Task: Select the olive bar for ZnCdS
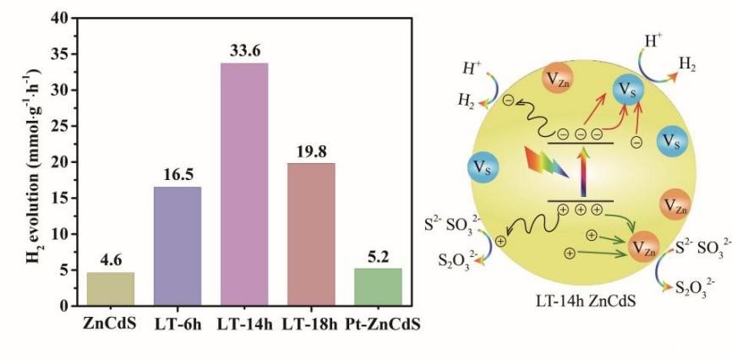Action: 111,288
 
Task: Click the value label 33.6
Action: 243,52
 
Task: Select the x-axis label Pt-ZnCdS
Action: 377,321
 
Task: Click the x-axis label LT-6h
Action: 178,321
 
